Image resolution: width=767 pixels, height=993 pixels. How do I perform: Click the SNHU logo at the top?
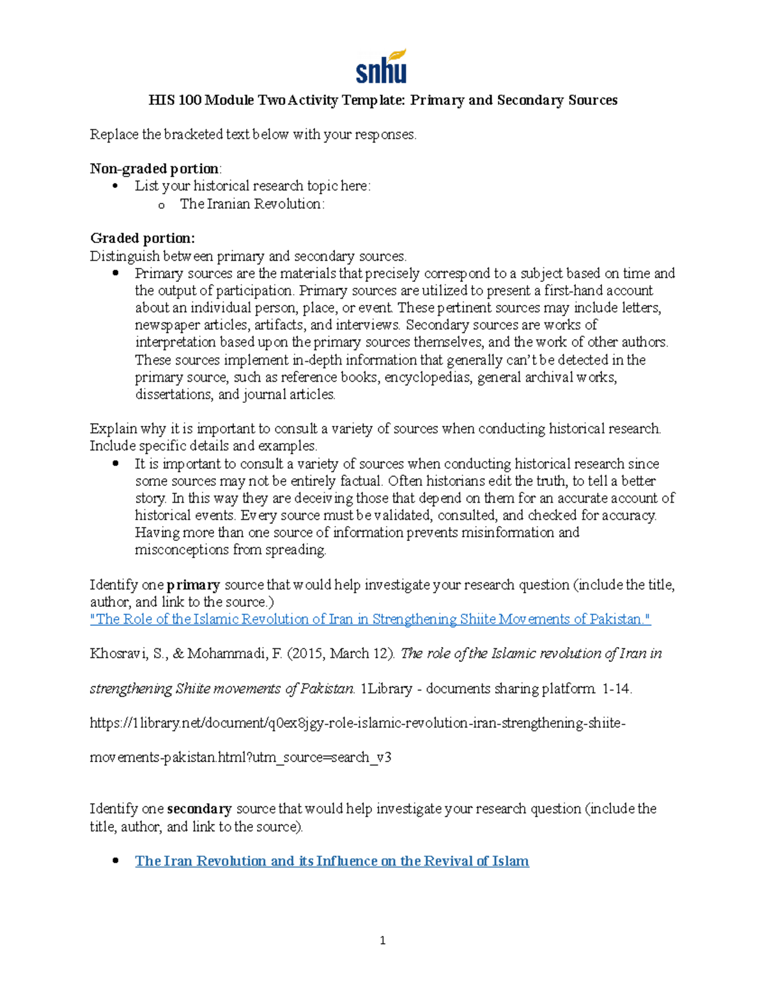tap(382, 66)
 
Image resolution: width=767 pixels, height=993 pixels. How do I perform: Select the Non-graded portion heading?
tap(155, 169)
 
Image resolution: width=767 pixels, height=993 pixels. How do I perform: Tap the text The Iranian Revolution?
tap(252, 204)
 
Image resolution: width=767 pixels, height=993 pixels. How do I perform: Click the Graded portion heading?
tap(143, 238)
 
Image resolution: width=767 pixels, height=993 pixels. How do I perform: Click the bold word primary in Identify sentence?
tap(193, 585)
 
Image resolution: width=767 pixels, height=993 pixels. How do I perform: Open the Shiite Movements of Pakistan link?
tap(370, 619)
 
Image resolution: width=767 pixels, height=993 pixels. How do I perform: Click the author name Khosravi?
tap(117, 653)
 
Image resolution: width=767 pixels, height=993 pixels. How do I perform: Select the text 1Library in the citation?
tap(386, 689)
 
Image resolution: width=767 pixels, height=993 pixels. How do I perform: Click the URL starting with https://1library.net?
tap(357, 723)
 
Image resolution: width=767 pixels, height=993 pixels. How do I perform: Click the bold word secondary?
tap(199, 809)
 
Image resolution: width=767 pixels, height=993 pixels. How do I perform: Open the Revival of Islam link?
tap(332, 861)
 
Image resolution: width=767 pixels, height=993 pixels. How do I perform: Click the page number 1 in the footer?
tap(382, 941)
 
